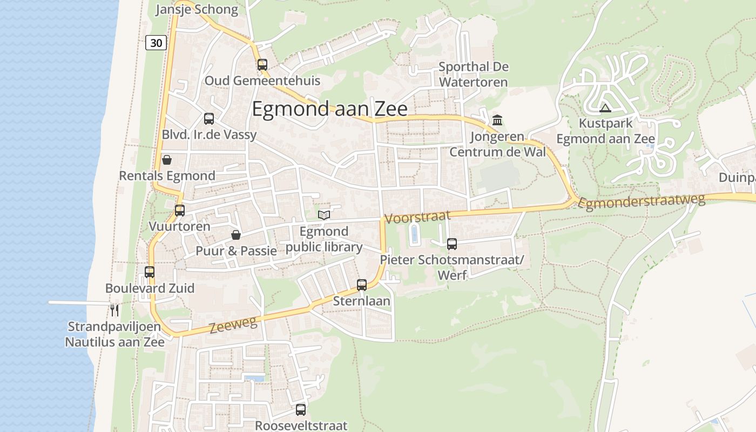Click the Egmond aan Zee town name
(329, 109)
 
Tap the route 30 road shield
(156, 43)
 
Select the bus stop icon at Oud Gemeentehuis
(262, 65)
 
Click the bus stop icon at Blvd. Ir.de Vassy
(209, 119)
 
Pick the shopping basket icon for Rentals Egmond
(167, 160)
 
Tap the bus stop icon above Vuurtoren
(180, 211)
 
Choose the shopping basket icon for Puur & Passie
(236, 235)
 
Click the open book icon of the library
(324, 215)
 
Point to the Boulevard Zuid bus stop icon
(150, 272)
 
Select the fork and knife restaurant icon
(114, 310)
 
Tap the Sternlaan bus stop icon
(362, 285)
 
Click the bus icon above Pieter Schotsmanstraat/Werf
(452, 244)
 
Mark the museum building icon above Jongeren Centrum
(497, 119)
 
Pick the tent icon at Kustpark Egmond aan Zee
(605, 108)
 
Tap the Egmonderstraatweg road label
(642, 201)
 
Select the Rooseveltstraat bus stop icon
(301, 410)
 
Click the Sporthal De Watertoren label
(473, 75)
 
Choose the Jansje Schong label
(197, 10)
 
